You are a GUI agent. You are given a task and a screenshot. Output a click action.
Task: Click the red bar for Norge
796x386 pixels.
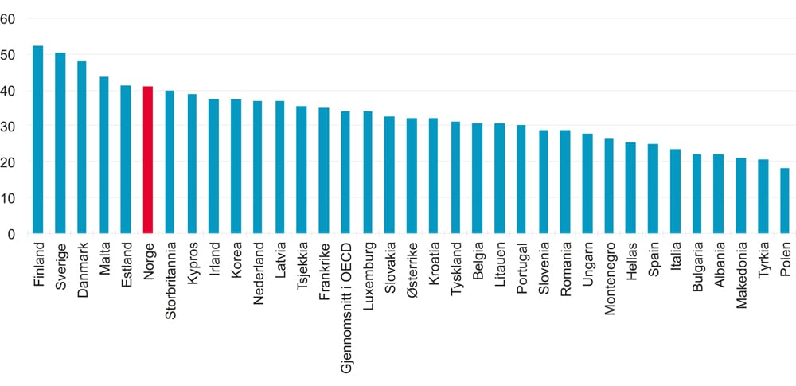pyautogui.click(x=147, y=160)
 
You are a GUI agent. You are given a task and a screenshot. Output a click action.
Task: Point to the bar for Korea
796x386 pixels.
pyautogui.click(x=236, y=166)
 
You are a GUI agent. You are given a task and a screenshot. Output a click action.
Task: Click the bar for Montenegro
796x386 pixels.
pyautogui.click(x=609, y=186)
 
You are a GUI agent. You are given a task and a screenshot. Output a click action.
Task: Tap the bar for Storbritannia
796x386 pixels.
pyautogui.click(x=170, y=162)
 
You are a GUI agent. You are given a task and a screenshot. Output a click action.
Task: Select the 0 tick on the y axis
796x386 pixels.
pyautogui.click(x=12, y=234)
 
